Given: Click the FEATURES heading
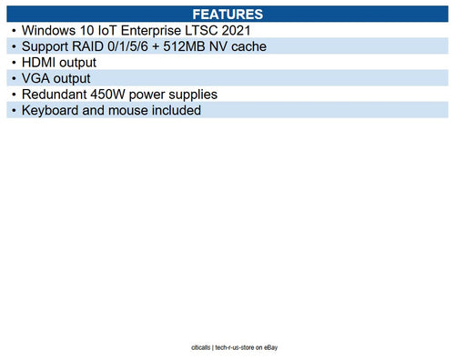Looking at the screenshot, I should [x=227, y=15].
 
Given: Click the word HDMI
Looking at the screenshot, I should [x=40, y=63].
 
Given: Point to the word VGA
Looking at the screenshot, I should [x=35, y=78].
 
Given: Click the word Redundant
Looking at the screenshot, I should [x=56, y=95].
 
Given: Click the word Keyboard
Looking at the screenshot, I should [x=52, y=111].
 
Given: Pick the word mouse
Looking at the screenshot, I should [x=133, y=111].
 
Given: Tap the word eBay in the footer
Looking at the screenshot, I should [x=266, y=348].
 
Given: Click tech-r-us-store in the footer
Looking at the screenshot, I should [x=224, y=348].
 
